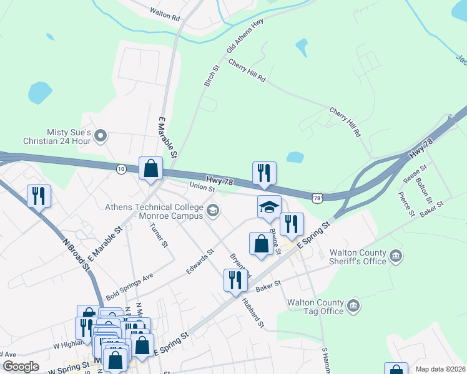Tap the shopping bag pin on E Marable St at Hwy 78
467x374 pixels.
151,169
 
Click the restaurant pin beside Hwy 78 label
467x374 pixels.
264,174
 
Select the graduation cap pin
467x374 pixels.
270,208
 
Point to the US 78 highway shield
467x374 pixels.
318,198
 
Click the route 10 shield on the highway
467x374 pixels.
121,168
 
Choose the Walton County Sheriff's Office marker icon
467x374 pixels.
396,256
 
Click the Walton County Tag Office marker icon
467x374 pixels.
353,305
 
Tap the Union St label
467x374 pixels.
202,187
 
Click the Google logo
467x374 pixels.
21,367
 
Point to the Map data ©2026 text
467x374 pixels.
440,369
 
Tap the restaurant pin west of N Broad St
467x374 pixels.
39,196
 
